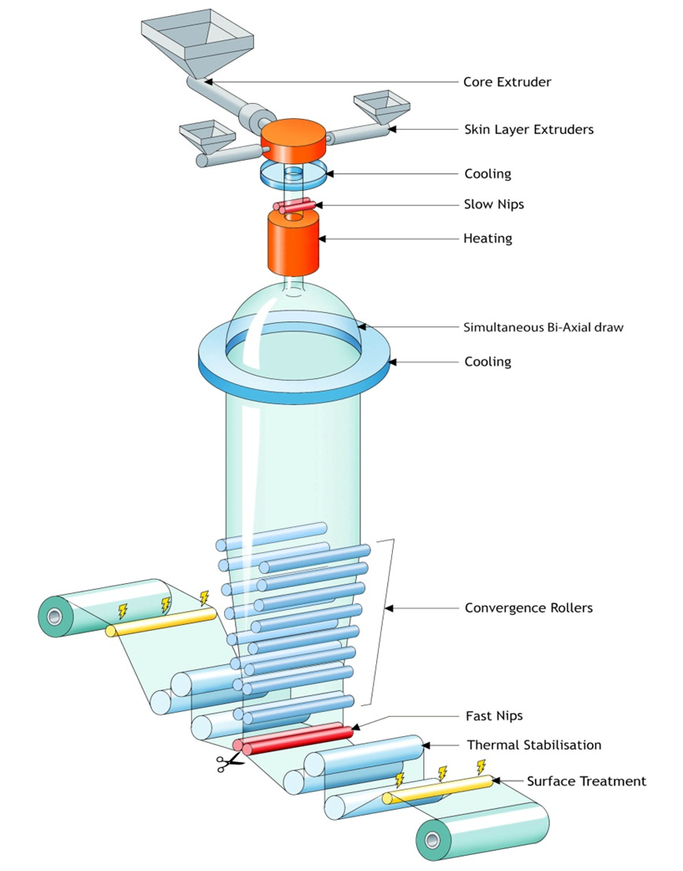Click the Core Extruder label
pos(507,82)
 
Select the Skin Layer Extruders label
pos(528,130)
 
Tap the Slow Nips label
pos(494,204)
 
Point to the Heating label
pos(487,238)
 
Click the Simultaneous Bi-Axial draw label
pos(543,326)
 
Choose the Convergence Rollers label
pos(528,607)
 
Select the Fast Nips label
pos(494,715)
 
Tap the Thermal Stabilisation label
pos(533,745)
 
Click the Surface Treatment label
pos(587,781)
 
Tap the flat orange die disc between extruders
pos(293,140)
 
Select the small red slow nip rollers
pos(297,206)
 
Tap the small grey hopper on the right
pos(382,108)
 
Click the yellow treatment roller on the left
pos(161,622)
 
